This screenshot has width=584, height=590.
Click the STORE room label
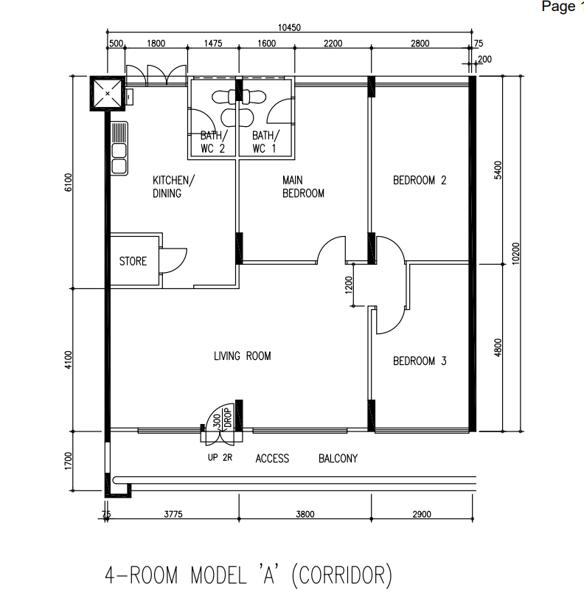[x=133, y=261]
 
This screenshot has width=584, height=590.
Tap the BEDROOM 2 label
[x=420, y=180]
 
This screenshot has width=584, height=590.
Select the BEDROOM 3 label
[x=420, y=361]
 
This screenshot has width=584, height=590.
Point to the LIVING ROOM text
[x=243, y=356]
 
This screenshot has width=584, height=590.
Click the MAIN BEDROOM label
[x=303, y=187]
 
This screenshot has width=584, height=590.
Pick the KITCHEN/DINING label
[x=173, y=187]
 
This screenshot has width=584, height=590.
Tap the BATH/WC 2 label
[x=214, y=142]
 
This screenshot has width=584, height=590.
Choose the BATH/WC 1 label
[x=265, y=142]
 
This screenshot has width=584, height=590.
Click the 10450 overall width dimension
[x=289, y=27]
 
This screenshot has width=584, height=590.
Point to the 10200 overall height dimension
[x=515, y=254]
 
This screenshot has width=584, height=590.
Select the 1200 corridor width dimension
[x=349, y=285]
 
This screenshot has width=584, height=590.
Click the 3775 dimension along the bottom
[x=173, y=514]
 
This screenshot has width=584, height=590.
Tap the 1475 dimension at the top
[x=213, y=44]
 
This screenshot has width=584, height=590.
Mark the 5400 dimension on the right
[x=498, y=170]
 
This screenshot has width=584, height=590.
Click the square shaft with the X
[x=107, y=94]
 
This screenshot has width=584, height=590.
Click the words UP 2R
[x=220, y=457]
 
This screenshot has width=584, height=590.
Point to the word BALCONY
[x=338, y=458]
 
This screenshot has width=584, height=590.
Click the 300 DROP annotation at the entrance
[x=222, y=418]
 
